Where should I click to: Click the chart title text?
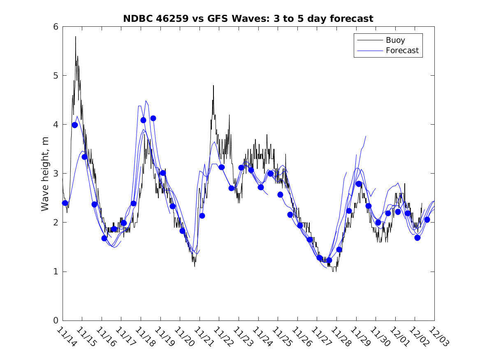click(x=248, y=19)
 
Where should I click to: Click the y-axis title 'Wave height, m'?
click(x=46, y=174)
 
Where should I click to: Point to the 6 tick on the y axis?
click(x=55, y=27)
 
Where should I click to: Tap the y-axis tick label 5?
click(x=55, y=76)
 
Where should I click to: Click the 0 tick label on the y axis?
click(x=55, y=321)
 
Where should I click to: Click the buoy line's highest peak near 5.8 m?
click(x=76, y=37)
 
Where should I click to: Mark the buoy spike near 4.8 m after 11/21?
click(x=213, y=86)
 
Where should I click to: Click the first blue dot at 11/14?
click(x=65, y=203)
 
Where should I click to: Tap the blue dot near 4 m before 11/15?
click(x=75, y=125)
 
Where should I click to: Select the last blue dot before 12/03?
click(x=427, y=220)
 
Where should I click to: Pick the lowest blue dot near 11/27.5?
click(x=329, y=260)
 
